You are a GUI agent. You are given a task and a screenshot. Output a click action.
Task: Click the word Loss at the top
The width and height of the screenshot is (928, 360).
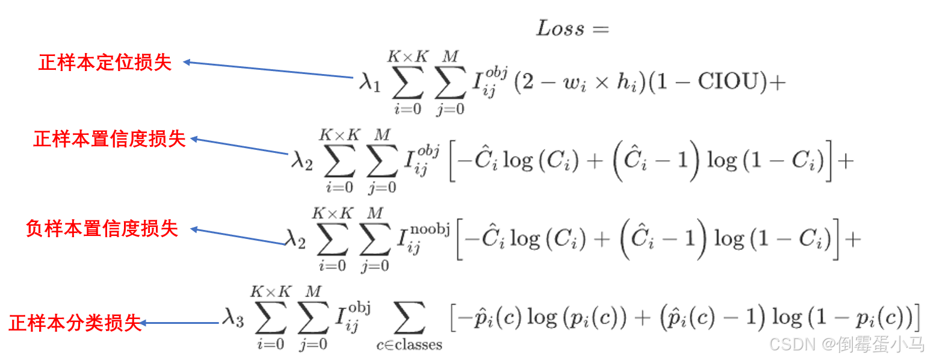pyautogui.click(x=560, y=28)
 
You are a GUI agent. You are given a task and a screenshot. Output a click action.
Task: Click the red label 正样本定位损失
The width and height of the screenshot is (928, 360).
pyautogui.click(x=105, y=63)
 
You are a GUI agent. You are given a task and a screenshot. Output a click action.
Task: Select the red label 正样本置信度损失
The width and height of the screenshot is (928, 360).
pyautogui.click(x=110, y=139)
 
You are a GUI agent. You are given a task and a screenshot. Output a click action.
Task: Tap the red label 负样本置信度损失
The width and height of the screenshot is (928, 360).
pyautogui.click(x=102, y=229)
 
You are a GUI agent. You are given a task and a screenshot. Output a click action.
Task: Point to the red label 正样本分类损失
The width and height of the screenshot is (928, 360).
pyautogui.click(x=75, y=323)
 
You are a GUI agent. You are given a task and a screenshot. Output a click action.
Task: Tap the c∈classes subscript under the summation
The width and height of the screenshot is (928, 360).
pyautogui.click(x=409, y=346)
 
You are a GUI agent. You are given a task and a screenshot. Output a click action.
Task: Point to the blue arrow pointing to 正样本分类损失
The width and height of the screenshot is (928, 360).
pyautogui.click(x=180, y=323)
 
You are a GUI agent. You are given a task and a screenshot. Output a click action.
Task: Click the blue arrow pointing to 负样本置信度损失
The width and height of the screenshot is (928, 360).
pyautogui.click(x=237, y=236)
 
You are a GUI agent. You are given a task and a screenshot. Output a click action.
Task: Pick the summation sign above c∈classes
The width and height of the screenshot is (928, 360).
pyautogui.click(x=409, y=318)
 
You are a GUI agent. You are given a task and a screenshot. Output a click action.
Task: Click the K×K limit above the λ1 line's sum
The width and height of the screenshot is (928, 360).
pyautogui.click(x=407, y=57)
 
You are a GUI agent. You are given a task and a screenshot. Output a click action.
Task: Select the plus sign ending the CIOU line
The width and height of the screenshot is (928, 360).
pyautogui.click(x=778, y=82)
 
